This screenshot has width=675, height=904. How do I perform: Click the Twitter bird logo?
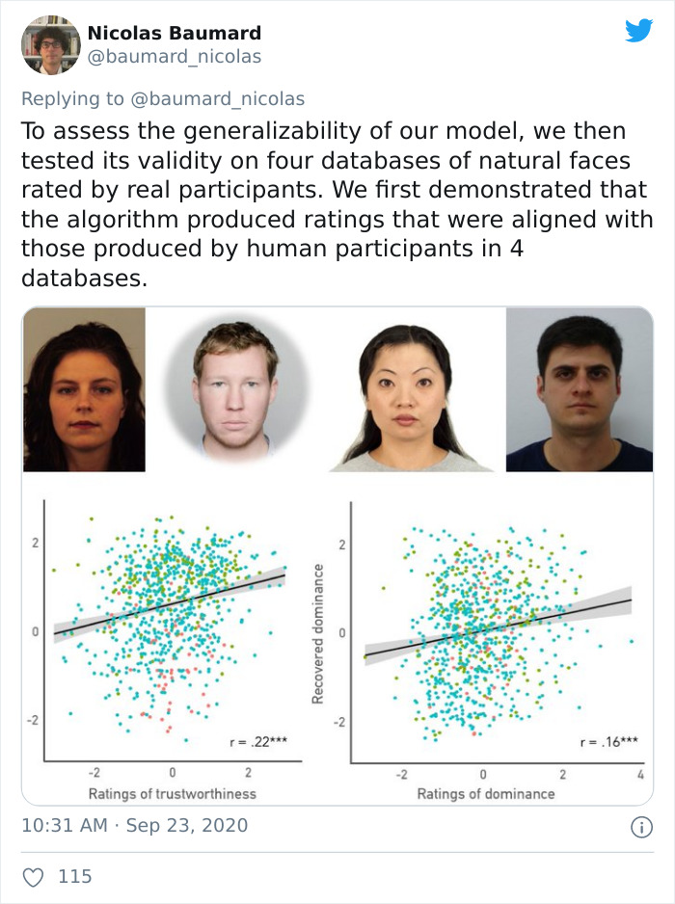click(638, 31)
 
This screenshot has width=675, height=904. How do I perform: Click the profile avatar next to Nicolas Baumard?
click(50, 44)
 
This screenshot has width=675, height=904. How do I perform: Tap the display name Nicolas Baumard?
click(174, 33)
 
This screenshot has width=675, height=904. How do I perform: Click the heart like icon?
click(33, 876)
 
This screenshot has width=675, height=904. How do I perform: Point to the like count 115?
click(75, 876)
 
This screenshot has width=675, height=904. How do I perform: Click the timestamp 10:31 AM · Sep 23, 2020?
click(134, 825)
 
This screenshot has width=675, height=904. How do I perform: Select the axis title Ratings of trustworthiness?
click(172, 793)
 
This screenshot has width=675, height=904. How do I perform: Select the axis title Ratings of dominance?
click(486, 793)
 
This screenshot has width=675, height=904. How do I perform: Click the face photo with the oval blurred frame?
click(235, 389)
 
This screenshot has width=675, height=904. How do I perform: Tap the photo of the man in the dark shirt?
click(579, 389)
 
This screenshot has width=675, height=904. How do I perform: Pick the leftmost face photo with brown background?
click(84, 389)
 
